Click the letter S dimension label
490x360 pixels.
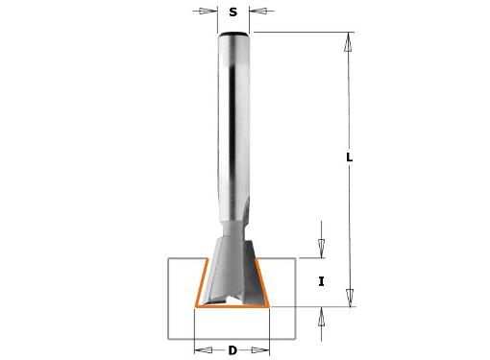(x=233, y=12)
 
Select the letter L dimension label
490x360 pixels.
(x=350, y=157)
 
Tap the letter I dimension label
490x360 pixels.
(x=321, y=282)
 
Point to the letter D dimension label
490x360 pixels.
(x=233, y=350)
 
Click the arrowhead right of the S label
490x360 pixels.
(x=258, y=12)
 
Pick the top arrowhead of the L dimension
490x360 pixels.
(x=348, y=42)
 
